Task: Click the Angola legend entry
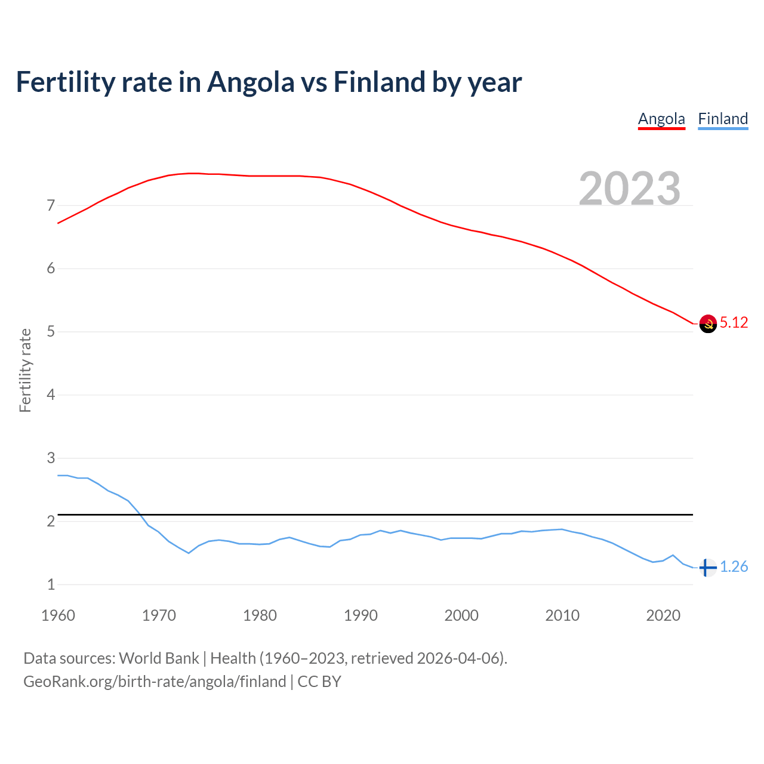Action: coord(661,119)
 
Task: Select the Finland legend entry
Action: coord(723,119)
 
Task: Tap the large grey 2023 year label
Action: coord(630,189)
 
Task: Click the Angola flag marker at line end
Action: coord(708,324)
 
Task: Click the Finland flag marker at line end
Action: coord(707,567)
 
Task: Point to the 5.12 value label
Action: coord(734,323)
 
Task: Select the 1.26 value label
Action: coord(734,567)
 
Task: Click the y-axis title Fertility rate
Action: coord(25,370)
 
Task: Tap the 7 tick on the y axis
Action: coord(51,206)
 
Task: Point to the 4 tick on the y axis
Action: coord(51,395)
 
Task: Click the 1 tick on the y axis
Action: coord(51,585)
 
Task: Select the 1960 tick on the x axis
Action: coord(58,615)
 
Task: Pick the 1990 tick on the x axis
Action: coord(361,615)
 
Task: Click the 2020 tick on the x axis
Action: coord(663,615)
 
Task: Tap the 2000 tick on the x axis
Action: coord(461,615)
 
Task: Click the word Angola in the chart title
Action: coord(251,82)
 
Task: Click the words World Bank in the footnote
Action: coord(159,658)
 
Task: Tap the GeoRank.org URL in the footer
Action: coord(155,682)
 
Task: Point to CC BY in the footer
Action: coord(319,682)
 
